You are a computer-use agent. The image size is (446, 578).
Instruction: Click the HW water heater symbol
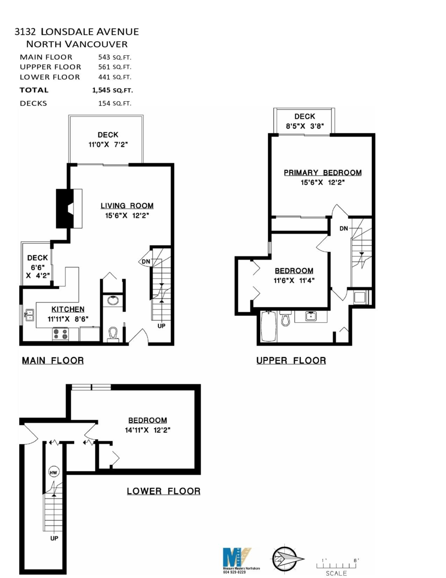tap(53, 473)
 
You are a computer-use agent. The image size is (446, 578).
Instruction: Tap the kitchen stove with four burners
tap(61, 333)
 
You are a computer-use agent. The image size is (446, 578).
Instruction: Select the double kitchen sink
tap(29, 315)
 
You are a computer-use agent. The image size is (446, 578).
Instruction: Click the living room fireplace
tap(66, 208)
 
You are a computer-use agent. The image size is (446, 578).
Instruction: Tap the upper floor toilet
tap(285, 319)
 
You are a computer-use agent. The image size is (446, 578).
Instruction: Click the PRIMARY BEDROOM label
tap(322, 173)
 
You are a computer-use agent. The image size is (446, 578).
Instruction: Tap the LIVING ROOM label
tap(127, 206)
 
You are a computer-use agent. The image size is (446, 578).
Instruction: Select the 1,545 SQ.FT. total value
tap(113, 90)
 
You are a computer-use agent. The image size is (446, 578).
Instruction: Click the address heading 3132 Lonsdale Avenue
tap(76, 32)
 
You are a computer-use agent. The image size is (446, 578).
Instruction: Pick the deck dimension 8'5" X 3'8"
tap(305, 126)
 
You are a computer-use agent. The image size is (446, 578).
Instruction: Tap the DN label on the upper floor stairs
tap(344, 228)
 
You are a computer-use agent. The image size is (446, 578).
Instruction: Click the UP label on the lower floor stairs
tap(54, 538)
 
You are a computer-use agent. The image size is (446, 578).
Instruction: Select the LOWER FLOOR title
tap(164, 491)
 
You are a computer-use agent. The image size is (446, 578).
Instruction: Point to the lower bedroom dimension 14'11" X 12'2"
tap(147, 430)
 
